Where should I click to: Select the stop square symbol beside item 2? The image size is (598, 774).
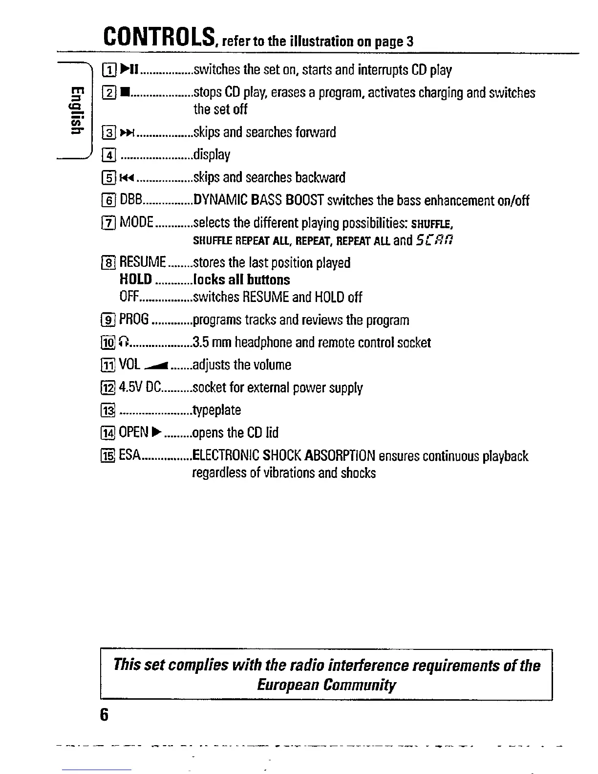click(x=124, y=92)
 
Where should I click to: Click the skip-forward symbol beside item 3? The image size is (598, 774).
click(x=126, y=132)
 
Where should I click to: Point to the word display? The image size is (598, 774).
click(x=212, y=155)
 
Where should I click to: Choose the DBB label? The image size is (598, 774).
click(x=130, y=200)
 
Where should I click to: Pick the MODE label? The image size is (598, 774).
click(x=137, y=222)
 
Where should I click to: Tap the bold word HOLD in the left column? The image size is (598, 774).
click(x=136, y=279)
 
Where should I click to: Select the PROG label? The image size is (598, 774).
click(x=134, y=320)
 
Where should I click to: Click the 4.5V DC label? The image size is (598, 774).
click(x=140, y=388)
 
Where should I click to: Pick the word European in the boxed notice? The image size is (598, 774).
click(x=288, y=685)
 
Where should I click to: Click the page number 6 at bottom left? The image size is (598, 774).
click(x=103, y=715)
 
